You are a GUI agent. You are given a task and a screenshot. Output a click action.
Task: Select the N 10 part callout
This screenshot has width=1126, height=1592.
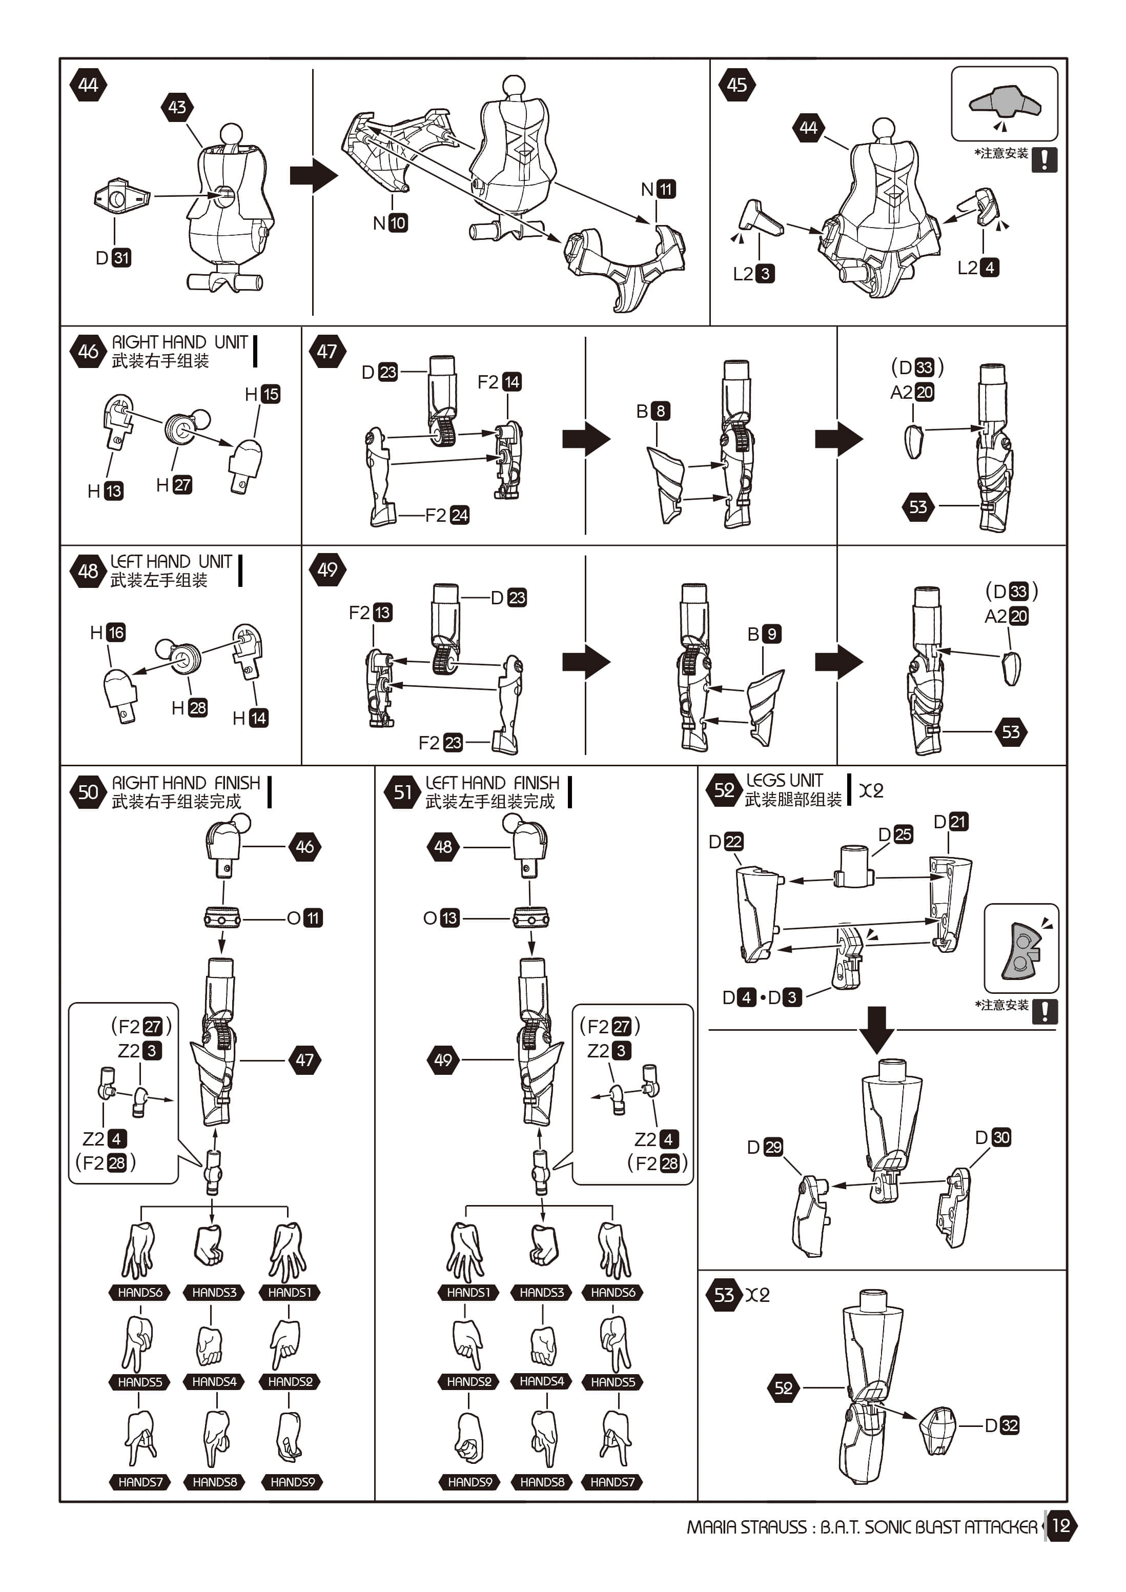(390, 223)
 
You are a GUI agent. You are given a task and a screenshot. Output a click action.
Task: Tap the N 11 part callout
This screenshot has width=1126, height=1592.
(658, 189)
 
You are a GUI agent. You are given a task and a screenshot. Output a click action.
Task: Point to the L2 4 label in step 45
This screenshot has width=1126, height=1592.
(978, 268)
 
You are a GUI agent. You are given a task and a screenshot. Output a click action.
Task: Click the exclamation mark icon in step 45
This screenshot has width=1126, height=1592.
(1044, 159)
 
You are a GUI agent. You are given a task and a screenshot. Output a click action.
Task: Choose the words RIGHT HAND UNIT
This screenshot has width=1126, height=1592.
(179, 342)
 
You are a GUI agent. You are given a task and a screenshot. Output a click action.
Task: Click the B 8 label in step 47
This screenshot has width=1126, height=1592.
(652, 411)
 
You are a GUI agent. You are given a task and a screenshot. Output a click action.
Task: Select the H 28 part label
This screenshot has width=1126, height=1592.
(189, 708)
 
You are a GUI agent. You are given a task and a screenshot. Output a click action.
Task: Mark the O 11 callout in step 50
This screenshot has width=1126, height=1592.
(304, 918)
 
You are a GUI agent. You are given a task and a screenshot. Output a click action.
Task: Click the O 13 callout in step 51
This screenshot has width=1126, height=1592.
(441, 918)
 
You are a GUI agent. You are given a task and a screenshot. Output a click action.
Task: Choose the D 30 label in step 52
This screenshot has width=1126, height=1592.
(993, 1137)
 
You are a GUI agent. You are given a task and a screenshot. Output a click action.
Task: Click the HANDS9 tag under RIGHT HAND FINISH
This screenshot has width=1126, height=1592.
(293, 1482)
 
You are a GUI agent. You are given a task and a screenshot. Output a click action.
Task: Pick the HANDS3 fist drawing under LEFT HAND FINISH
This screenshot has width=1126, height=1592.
(544, 1244)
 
